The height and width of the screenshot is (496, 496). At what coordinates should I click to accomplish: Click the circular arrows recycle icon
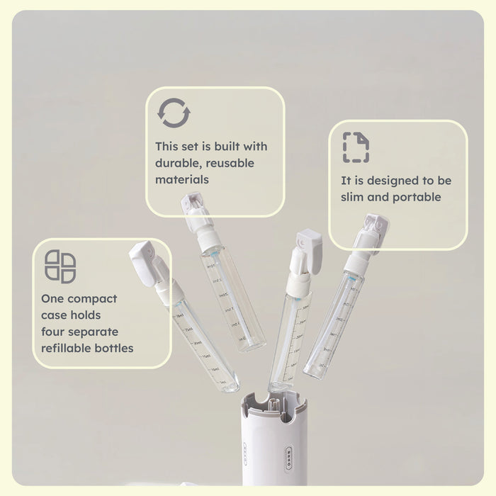point(174,113)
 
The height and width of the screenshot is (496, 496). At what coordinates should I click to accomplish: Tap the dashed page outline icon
point(356,147)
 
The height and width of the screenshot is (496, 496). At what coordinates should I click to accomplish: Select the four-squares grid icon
point(60,266)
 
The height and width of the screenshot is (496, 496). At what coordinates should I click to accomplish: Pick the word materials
point(182,179)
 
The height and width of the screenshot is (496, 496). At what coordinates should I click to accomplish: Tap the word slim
point(354,197)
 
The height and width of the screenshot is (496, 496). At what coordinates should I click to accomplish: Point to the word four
point(54,332)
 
